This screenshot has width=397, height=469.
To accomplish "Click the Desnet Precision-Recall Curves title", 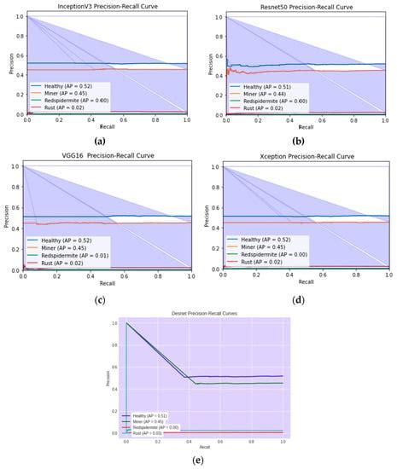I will pyautogui.click(x=204, y=314).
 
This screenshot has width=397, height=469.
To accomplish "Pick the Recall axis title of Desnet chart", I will pyautogui.click(x=204, y=447).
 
